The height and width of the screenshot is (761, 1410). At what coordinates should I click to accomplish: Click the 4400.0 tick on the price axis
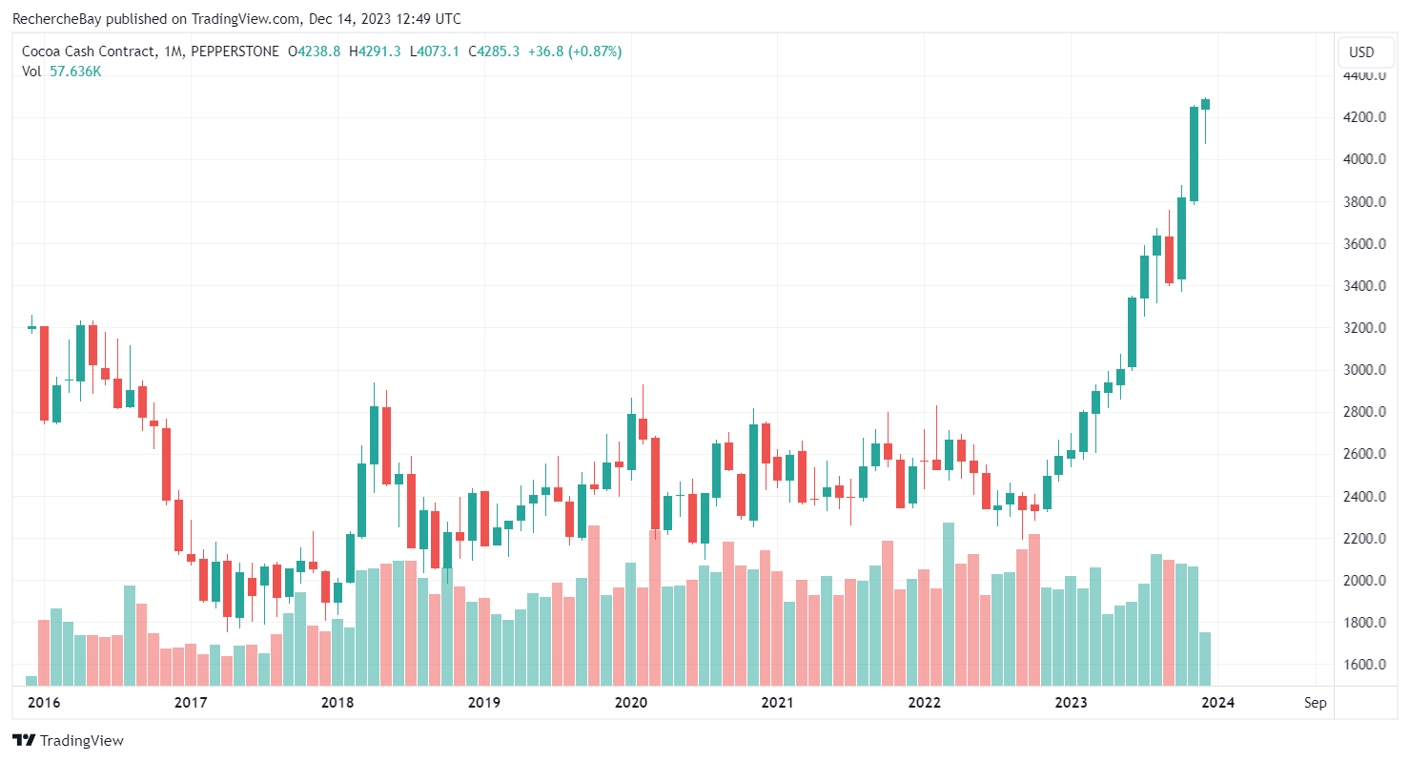(1364, 75)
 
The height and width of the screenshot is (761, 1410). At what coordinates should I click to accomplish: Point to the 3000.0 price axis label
(1364, 370)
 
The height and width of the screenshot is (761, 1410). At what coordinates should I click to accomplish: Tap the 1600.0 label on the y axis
(1364, 665)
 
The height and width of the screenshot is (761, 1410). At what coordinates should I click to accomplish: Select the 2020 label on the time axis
(631, 703)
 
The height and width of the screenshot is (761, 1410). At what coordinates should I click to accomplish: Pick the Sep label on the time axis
(1316, 703)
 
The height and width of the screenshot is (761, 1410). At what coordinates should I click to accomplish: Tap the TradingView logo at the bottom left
(68, 741)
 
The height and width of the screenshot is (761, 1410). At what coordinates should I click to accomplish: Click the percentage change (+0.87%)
(595, 51)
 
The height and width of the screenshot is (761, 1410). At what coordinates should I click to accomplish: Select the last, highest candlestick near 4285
(1206, 104)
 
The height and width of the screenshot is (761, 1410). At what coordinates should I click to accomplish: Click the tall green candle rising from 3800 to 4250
(1194, 154)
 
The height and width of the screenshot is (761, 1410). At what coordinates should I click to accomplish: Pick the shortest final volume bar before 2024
(1206, 658)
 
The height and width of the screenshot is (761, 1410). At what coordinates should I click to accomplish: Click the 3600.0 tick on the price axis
(1364, 244)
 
